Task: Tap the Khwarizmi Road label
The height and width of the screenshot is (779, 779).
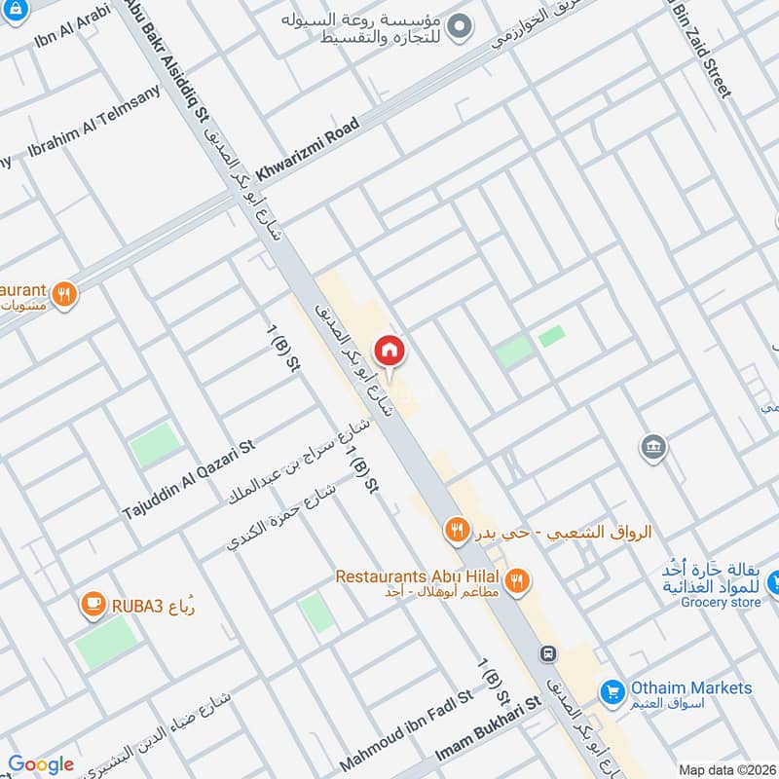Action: click(x=308, y=149)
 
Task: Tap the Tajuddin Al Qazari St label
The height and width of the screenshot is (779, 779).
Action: click(x=188, y=479)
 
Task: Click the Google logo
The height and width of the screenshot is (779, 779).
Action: click(x=41, y=764)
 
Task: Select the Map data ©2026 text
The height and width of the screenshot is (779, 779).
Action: click(x=726, y=769)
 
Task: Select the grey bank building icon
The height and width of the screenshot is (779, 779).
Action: click(x=652, y=448)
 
